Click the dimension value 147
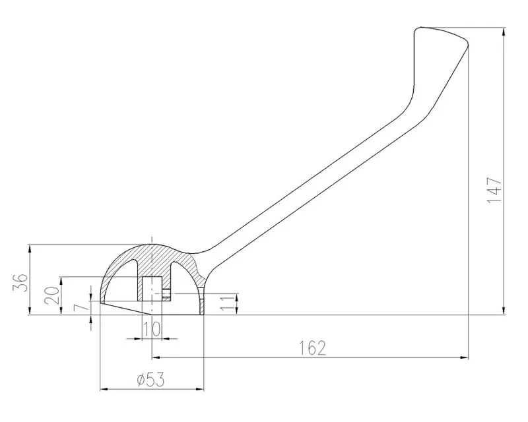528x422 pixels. pos(494,190)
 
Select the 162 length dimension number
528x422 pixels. pos(313,348)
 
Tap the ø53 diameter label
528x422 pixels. pos(151,380)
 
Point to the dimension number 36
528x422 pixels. pos(20,283)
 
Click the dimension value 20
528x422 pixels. pos(52,295)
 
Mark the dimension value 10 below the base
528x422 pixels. pos(152,329)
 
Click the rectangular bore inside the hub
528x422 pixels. pos(152,289)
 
